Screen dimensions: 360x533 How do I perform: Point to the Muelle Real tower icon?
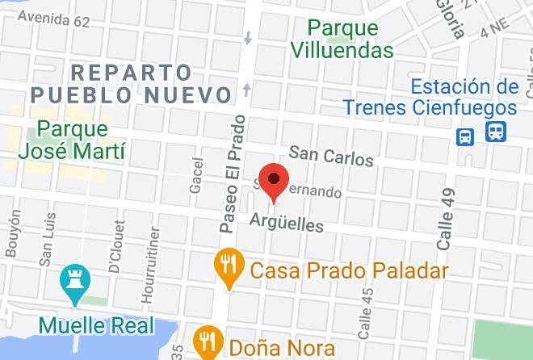[73, 285]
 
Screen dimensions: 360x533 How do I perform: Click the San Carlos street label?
[331, 155]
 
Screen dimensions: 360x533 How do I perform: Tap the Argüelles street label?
[286, 221]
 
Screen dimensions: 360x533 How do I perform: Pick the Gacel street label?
[196, 174]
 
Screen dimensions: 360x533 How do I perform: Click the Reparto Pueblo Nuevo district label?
[131, 83]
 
